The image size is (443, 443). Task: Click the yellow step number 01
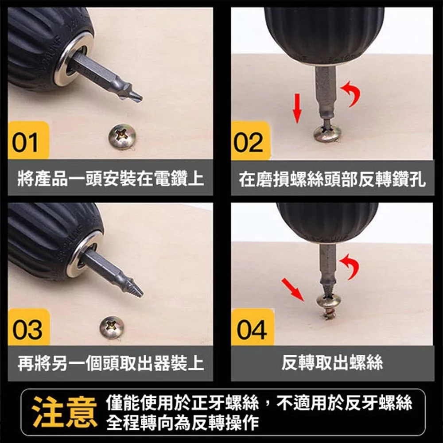click(x=25, y=143)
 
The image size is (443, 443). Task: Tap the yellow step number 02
click(x=249, y=143)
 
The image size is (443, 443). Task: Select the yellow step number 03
click(x=27, y=330)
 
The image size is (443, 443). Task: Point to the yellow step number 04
click(x=252, y=330)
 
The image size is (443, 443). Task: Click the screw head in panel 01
click(x=122, y=136)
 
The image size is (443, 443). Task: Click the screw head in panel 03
click(x=112, y=327)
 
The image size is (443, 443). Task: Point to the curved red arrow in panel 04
click(x=351, y=265)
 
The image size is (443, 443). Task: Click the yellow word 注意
click(x=64, y=412)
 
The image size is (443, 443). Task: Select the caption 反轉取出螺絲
click(x=332, y=362)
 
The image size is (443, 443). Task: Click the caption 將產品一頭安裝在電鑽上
click(x=110, y=178)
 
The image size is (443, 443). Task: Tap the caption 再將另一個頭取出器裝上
click(x=110, y=362)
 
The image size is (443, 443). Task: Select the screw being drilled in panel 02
click(x=327, y=132)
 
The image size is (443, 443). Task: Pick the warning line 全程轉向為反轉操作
click(x=183, y=422)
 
